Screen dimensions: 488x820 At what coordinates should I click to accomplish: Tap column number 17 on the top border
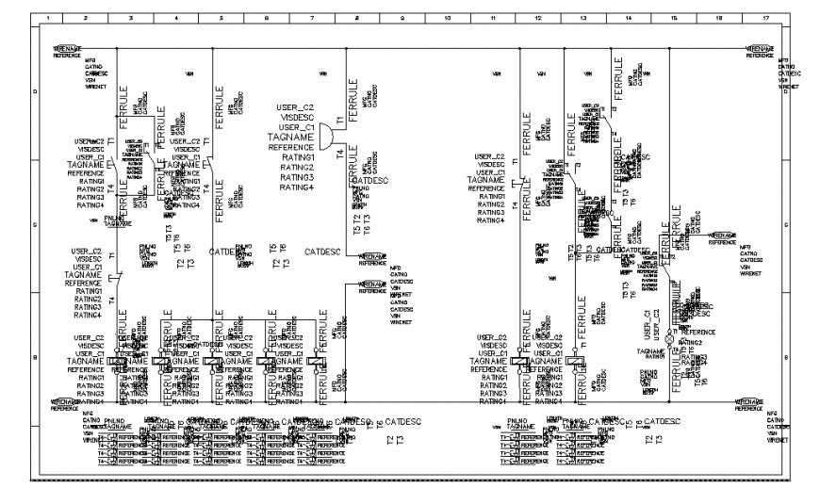click(x=763, y=19)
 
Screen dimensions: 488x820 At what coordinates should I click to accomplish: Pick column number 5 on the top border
click(x=221, y=19)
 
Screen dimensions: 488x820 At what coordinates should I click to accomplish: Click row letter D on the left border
click(x=36, y=91)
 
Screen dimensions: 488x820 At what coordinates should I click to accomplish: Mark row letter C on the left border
click(x=36, y=224)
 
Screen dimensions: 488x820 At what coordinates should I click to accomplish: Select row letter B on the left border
click(x=36, y=359)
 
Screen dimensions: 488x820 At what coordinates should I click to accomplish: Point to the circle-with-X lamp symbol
click(x=670, y=333)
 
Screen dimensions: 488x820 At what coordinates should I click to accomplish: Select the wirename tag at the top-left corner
click(x=67, y=48)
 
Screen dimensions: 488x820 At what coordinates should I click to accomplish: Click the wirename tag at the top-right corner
click(x=760, y=48)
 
